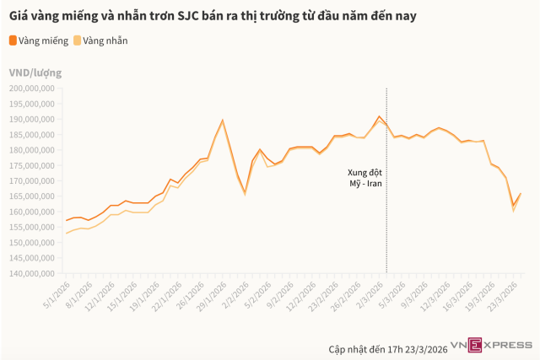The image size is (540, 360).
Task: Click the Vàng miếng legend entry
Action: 39,40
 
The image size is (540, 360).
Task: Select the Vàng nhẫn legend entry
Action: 100,40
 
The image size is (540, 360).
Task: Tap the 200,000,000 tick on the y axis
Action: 31,87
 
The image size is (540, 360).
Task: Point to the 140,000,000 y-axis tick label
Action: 31,273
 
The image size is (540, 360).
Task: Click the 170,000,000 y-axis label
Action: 31,180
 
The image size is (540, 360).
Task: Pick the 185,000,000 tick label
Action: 31,134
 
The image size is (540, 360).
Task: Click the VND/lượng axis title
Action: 35,73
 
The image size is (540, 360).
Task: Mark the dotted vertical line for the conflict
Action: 386,211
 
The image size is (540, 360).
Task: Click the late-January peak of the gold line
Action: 222,120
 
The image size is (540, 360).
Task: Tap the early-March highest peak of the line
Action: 380,116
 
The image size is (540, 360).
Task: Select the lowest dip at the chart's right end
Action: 513,206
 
